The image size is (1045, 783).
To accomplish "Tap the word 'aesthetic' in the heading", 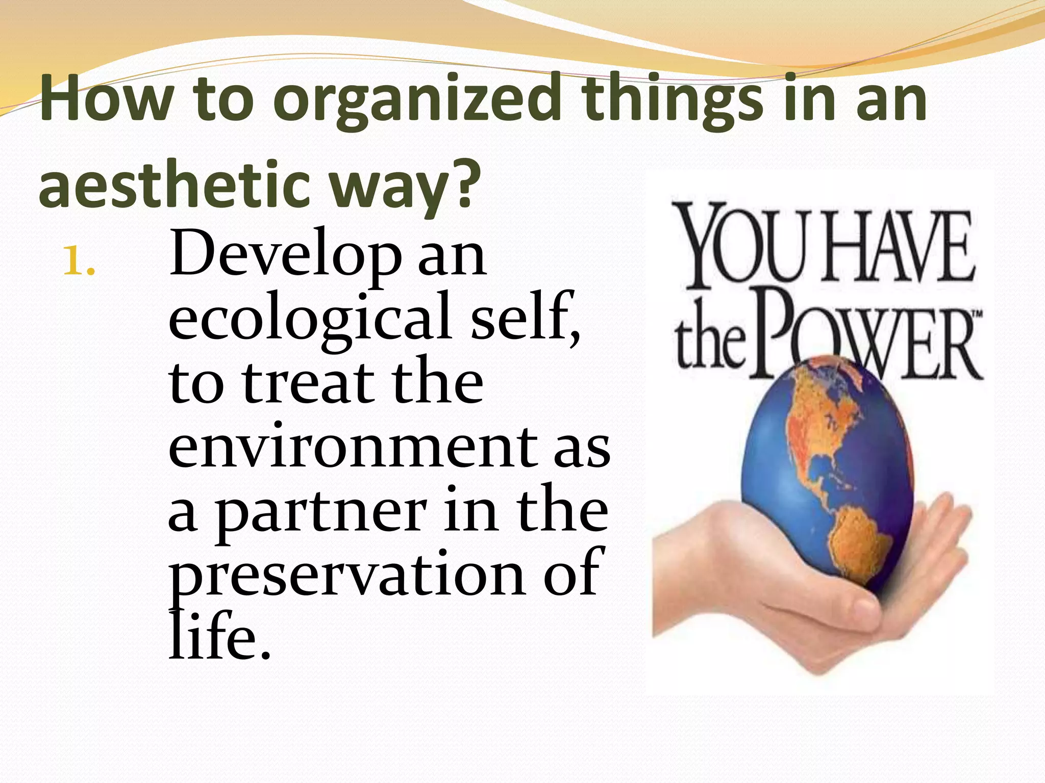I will pos(174,185).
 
